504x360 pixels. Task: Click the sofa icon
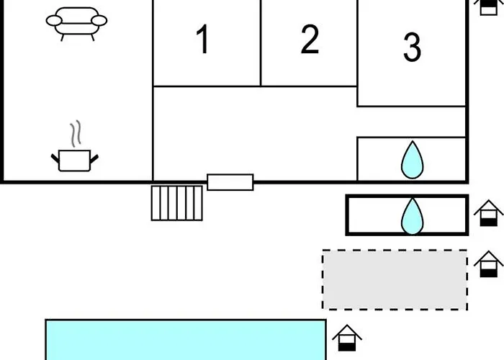click(76, 22)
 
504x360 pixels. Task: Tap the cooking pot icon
click(74, 160)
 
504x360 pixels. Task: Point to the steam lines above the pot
click(76, 135)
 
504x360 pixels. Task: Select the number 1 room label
click(204, 40)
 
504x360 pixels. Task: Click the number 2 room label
click(310, 40)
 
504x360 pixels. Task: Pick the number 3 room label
click(412, 47)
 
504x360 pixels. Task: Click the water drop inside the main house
click(412, 160)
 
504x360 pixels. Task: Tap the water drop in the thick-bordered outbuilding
click(412, 215)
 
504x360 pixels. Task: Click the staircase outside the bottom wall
click(177, 202)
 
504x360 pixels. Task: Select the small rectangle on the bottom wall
click(230, 182)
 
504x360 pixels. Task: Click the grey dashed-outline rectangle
click(395, 279)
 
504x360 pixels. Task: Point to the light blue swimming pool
click(185, 340)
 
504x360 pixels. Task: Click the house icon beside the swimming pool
click(347, 338)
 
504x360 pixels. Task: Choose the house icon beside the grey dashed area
click(489, 264)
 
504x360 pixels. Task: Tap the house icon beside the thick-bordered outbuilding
click(489, 213)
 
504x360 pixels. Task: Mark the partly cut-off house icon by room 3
click(490, 6)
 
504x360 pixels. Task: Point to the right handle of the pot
click(94, 157)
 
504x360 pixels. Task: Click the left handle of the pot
click(55, 157)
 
